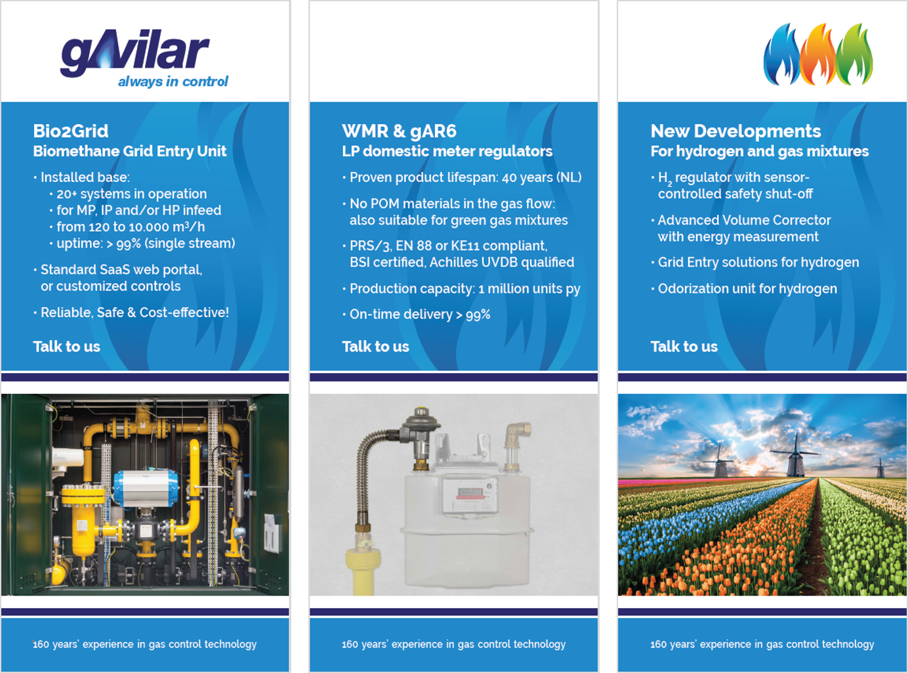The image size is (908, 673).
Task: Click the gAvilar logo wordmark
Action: pyautogui.click(x=135, y=53)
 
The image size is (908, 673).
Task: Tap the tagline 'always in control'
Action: pyautogui.click(x=173, y=81)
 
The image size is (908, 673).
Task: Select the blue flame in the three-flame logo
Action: pyautogui.click(x=781, y=54)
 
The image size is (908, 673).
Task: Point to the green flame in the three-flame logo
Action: pyautogui.click(x=855, y=54)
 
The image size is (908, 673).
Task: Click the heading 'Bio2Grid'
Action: pyautogui.click(x=71, y=131)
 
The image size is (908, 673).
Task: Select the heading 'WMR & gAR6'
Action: pyautogui.click(x=399, y=131)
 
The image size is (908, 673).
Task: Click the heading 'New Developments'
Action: pyautogui.click(x=735, y=131)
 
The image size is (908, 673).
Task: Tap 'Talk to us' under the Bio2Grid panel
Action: pyautogui.click(x=67, y=347)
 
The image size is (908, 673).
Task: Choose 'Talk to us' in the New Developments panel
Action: pyautogui.click(x=684, y=347)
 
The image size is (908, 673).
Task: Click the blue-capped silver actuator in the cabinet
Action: pyautogui.click(x=146, y=488)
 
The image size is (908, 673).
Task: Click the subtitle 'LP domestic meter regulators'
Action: pyautogui.click(x=447, y=151)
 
